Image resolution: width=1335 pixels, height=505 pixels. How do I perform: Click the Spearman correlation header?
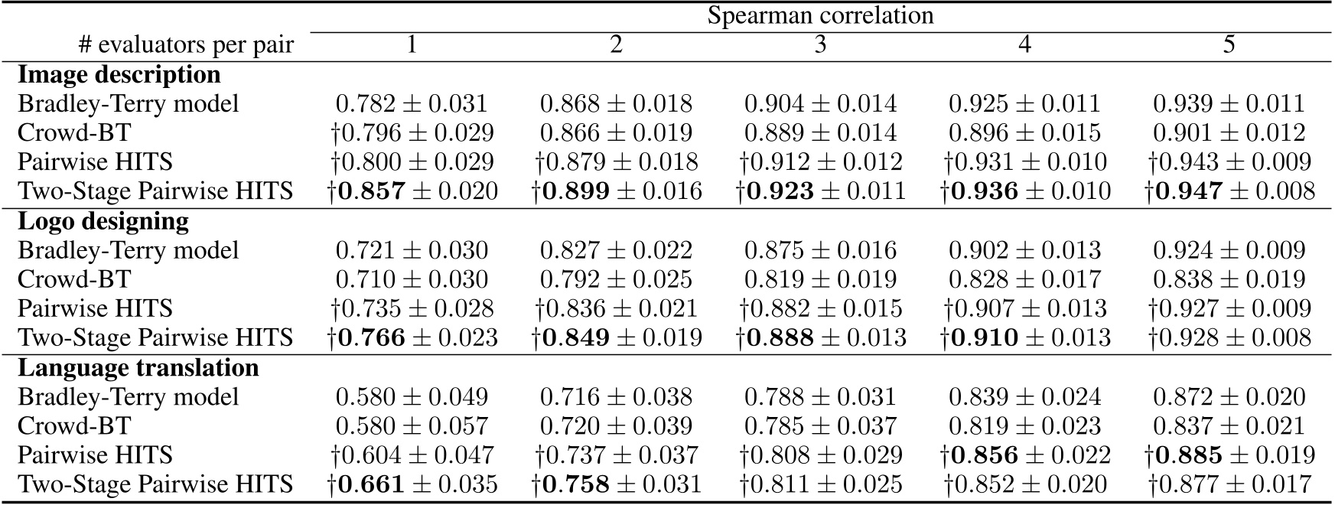click(x=819, y=15)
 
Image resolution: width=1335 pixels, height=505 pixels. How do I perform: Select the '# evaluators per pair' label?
click(x=186, y=45)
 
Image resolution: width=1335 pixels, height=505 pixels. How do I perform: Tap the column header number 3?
click(x=820, y=45)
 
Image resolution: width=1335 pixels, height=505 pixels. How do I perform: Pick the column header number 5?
click(x=1229, y=45)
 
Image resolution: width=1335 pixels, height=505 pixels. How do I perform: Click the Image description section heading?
click(x=119, y=74)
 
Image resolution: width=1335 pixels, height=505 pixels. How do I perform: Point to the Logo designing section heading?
click(x=103, y=221)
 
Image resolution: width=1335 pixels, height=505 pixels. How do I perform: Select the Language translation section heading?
click(x=138, y=367)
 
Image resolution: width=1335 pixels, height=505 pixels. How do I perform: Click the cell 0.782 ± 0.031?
click(x=412, y=103)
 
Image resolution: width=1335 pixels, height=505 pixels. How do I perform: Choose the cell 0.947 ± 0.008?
click(x=1229, y=191)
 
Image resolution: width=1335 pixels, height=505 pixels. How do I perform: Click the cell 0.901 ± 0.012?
click(x=1229, y=132)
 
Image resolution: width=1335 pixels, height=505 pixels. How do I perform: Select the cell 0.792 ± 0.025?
click(x=616, y=279)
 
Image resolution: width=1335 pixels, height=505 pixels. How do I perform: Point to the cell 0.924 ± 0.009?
click(x=1229, y=250)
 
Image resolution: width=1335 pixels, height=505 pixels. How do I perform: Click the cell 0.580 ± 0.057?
click(x=412, y=425)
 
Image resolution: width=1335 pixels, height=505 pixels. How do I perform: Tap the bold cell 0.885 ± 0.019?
click(x=1229, y=454)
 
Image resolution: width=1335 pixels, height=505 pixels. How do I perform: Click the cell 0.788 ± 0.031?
click(x=820, y=396)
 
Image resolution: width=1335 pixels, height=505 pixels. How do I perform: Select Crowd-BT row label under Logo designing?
click(x=74, y=279)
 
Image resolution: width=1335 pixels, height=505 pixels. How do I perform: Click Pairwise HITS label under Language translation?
click(x=95, y=454)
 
